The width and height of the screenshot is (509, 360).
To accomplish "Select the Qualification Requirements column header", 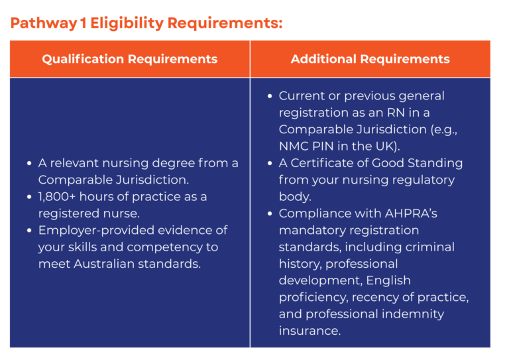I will pos(129,59).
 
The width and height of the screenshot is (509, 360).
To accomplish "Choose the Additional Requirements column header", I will pos(370,59).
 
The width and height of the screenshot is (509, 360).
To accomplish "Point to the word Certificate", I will pos(325,163).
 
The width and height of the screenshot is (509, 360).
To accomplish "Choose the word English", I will pos(388,280).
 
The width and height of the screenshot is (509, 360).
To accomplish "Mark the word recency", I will pos(378,298).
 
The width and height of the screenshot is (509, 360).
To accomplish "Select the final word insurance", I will pos(310,331).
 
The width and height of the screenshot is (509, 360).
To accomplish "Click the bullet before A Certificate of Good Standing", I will pos(269,163).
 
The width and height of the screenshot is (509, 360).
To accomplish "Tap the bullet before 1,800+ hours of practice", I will pos(28,197).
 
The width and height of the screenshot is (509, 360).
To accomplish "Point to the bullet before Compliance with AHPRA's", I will pos(269,213).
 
